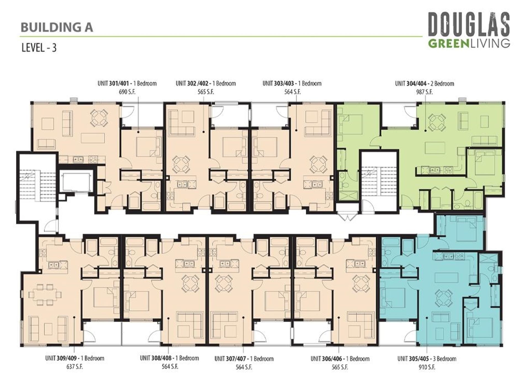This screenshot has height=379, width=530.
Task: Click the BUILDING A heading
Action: click(x=57, y=28)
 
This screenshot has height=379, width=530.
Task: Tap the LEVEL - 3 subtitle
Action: click(x=39, y=48)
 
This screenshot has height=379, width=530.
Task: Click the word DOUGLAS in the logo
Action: click(x=469, y=25)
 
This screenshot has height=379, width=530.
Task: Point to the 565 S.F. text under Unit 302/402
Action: click(x=206, y=92)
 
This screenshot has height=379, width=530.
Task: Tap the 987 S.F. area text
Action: click(x=424, y=92)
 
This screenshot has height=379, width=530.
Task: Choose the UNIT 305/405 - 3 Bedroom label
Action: click(x=427, y=359)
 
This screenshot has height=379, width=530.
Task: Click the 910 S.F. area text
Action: click(x=427, y=367)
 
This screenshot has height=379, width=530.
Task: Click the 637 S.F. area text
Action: click(x=75, y=367)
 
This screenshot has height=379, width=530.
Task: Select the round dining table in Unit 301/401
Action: click(x=99, y=118)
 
